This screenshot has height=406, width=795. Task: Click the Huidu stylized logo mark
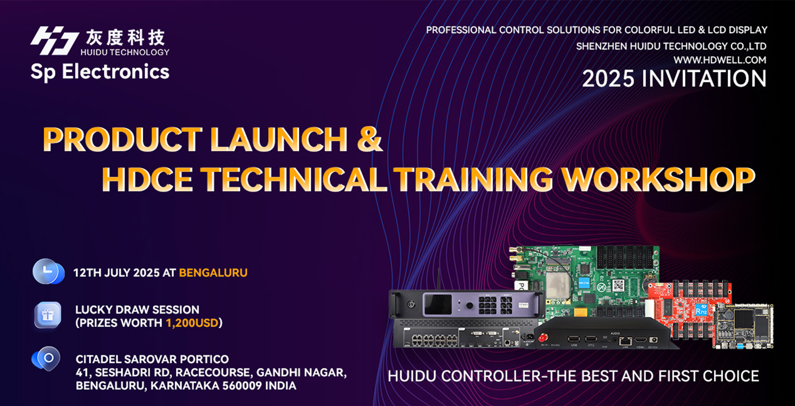(55, 41)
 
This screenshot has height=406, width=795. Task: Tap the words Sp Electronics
(100, 72)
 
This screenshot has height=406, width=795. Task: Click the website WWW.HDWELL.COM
(720, 60)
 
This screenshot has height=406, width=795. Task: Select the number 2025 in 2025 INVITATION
(608, 79)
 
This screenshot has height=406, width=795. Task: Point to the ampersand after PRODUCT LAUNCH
(369, 139)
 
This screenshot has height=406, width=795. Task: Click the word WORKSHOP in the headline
(658, 180)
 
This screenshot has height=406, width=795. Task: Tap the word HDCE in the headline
(147, 180)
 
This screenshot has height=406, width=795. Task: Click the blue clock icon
(48, 272)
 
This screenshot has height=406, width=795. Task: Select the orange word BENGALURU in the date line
(213, 273)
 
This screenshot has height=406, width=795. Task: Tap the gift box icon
(48, 316)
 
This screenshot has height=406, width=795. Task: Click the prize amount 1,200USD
(192, 323)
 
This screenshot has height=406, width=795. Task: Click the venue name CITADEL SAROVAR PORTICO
(152, 359)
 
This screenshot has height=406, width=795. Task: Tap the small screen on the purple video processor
(437, 305)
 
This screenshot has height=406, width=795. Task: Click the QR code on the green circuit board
(618, 285)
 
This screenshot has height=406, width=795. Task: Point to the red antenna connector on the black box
(543, 338)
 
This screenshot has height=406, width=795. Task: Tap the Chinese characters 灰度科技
(125, 38)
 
